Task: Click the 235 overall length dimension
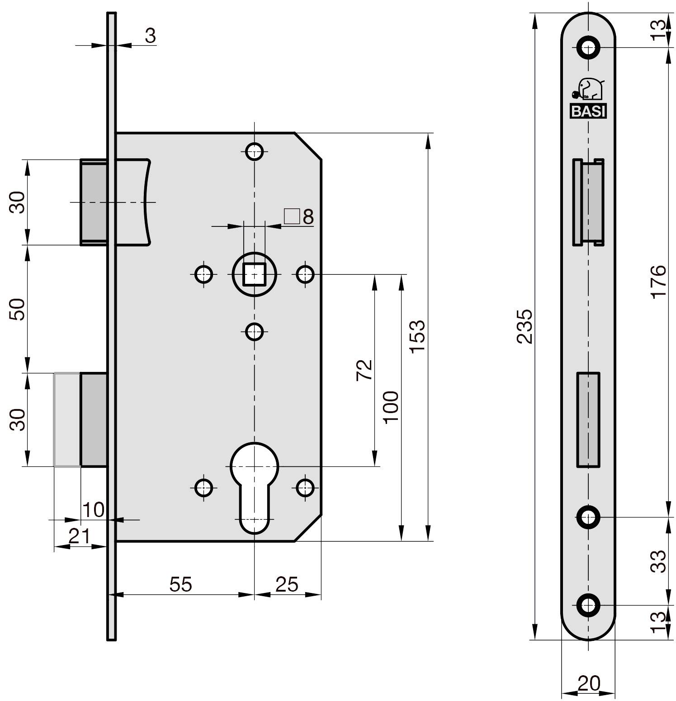pos(525,326)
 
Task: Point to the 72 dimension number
pos(365,370)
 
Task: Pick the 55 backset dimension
pos(181,584)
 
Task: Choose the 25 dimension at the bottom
pos(287,584)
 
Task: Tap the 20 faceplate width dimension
pos(588,684)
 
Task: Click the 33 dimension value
pos(659,561)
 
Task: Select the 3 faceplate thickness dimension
pos(151,36)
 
